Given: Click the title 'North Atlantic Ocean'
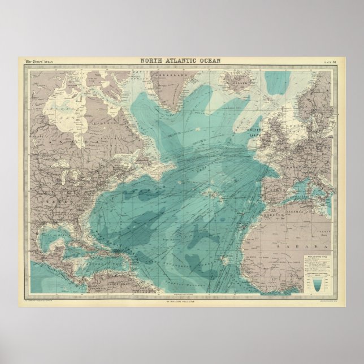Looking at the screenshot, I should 181,61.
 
